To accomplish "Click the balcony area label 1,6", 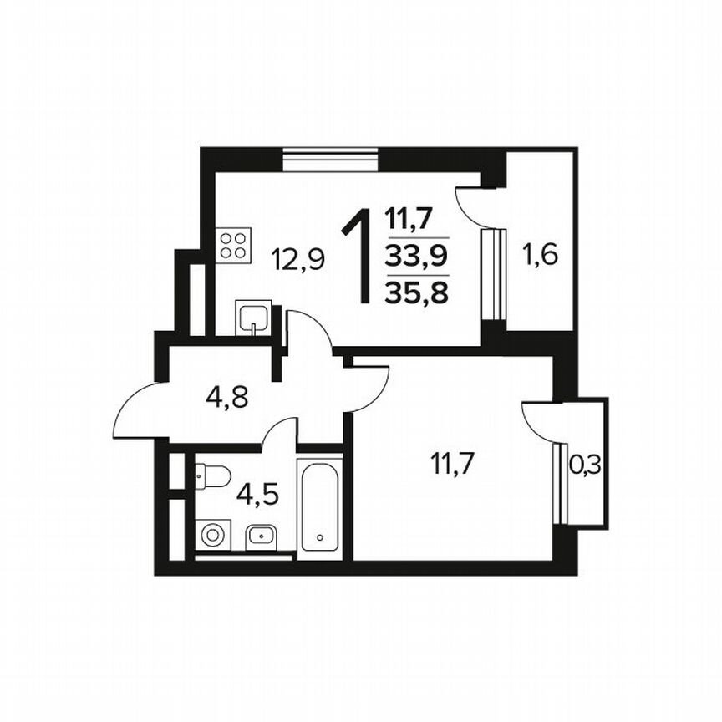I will click(540, 252).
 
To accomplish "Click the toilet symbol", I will click(212, 475).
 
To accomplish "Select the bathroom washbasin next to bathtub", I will click(262, 535).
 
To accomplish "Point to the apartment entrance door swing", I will click(138, 409).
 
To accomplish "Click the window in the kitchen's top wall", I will click(331, 158).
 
